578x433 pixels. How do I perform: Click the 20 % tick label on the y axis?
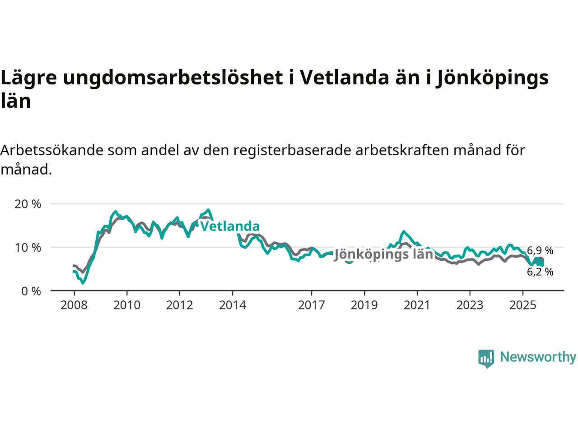pyautogui.click(x=28, y=204)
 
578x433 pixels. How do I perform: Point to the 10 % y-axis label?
pyautogui.click(x=28, y=248)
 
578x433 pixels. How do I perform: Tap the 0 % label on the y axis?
pyautogui.click(x=31, y=291)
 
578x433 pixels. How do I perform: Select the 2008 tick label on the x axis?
pyautogui.click(x=74, y=305)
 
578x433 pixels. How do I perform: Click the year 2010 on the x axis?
pyautogui.click(x=127, y=305)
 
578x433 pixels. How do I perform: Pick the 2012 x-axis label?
pyautogui.click(x=180, y=305)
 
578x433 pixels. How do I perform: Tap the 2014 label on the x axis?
pyautogui.click(x=233, y=305)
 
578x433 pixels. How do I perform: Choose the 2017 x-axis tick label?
pyautogui.click(x=312, y=305)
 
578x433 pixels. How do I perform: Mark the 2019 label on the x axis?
pyautogui.click(x=364, y=305)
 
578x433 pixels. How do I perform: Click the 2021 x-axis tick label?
pyautogui.click(x=417, y=305)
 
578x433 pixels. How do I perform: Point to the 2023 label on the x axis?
pyautogui.click(x=470, y=305)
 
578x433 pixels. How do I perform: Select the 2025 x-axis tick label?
pyautogui.click(x=522, y=305)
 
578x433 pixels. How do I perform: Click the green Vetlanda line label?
pyautogui.click(x=230, y=226)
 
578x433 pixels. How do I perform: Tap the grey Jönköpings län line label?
pyautogui.click(x=383, y=255)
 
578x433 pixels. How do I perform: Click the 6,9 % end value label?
pyautogui.click(x=540, y=251)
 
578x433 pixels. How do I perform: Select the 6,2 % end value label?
pyautogui.click(x=540, y=272)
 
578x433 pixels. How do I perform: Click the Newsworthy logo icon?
pyautogui.click(x=486, y=358)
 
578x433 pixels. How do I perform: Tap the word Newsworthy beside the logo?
pyautogui.click(x=538, y=357)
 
